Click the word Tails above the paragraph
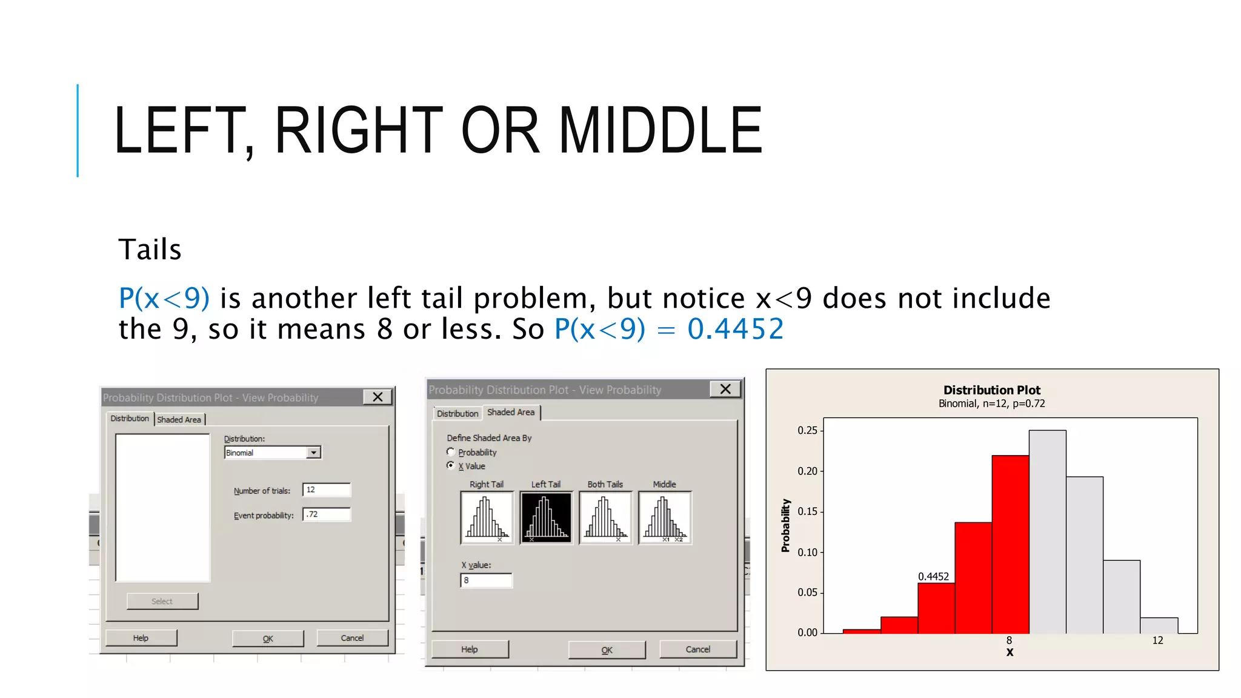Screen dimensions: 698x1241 point(150,250)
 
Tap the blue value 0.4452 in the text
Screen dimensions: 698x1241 point(735,329)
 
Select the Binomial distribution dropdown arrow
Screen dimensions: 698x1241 point(313,453)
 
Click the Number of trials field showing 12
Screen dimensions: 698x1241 point(326,490)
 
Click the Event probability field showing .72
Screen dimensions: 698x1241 point(326,514)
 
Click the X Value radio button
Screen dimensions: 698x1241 point(450,465)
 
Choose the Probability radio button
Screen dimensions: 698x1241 point(450,452)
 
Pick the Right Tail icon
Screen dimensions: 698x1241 point(487,518)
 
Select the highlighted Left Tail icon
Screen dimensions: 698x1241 point(545,518)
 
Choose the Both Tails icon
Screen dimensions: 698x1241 point(605,518)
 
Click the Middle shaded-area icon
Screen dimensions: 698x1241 point(664,518)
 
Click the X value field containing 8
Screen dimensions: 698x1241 point(486,580)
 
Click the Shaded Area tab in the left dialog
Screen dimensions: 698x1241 point(179,419)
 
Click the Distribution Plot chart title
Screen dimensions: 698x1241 point(991,390)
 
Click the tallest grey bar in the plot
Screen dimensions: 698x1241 point(1047,533)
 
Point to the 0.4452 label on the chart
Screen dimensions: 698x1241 point(933,576)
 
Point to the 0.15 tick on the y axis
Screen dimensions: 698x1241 point(807,511)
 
